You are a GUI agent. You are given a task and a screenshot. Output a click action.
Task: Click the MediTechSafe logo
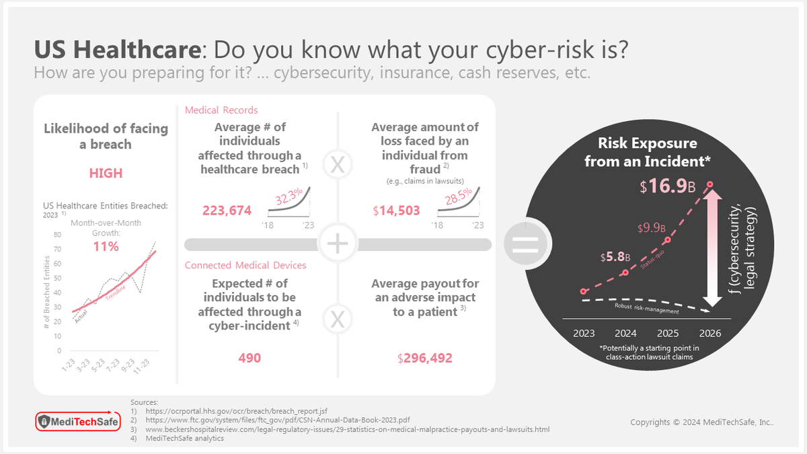78,421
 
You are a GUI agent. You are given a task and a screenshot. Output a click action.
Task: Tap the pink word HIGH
106,174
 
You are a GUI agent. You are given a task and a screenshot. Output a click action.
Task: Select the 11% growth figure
106,246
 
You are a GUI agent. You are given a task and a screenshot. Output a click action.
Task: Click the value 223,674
227,211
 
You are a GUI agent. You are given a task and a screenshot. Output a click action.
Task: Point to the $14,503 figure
396,211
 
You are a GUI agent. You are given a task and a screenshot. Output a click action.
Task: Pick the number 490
249,358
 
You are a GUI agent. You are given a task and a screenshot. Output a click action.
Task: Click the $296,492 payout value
425,358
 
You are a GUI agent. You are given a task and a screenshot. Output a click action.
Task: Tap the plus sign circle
338,243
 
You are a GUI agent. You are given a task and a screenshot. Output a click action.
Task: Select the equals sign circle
526,244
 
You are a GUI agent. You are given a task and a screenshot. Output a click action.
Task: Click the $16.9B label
667,186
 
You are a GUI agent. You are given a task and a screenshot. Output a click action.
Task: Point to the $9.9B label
652,228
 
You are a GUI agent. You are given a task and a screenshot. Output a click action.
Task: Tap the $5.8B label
615,257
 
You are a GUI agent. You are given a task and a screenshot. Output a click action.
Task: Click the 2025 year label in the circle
668,334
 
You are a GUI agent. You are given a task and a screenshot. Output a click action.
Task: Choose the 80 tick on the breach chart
57,235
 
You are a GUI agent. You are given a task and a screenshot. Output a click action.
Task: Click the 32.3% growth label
289,196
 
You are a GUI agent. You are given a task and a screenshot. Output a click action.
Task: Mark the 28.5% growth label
458,196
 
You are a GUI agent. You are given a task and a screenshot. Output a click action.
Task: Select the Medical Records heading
221,110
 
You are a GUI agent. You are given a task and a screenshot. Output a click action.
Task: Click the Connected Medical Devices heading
245,265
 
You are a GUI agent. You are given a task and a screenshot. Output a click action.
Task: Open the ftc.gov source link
277,420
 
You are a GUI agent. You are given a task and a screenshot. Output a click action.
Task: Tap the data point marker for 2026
709,184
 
